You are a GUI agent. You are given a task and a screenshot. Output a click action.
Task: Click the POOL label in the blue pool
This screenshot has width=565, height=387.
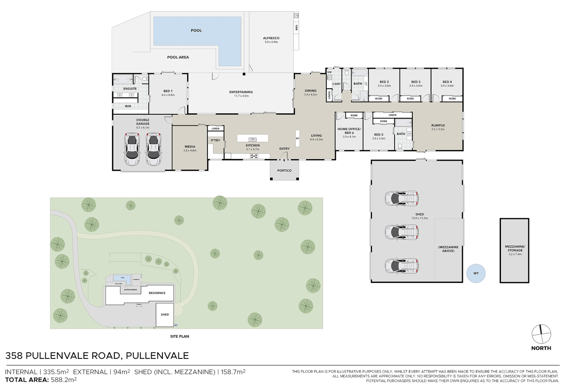(x=196, y=30)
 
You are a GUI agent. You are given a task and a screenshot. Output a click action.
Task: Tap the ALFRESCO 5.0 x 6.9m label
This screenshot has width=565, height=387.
(x=271, y=40)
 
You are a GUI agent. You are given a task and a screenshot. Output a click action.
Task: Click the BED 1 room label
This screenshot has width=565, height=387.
(x=168, y=93)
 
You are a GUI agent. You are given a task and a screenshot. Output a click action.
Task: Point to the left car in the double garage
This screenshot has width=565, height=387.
(x=132, y=149)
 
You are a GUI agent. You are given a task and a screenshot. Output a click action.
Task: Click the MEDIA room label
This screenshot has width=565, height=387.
(x=190, y=148)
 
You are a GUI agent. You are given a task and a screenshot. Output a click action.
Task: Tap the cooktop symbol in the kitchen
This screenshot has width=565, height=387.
(x=254, y=156)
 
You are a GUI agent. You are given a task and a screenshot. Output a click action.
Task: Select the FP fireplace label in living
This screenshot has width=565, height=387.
(x=297, y=138)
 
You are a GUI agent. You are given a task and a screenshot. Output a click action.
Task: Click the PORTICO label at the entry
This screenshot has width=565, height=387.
(x=284, y=171)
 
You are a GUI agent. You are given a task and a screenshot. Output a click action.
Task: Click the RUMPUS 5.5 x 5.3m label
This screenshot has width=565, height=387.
(x=438, y=127)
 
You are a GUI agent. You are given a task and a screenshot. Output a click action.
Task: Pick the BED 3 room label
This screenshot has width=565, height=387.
(x=416, y=83)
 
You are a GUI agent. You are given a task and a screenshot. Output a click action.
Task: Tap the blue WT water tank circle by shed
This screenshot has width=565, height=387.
(x=476, y=273)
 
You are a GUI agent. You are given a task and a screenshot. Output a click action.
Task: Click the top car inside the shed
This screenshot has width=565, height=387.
(x=402, y=199)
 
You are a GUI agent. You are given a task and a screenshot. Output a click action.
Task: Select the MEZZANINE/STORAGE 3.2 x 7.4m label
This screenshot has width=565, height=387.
(x=515, y=250)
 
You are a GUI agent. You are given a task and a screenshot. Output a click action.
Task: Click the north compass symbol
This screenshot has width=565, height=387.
(x=541, y=334)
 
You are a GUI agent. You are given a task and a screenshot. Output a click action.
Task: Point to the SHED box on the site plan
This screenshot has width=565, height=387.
(x=165, y=315)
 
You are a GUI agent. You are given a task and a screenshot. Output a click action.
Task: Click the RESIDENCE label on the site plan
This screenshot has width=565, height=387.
(x=157, y=293)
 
